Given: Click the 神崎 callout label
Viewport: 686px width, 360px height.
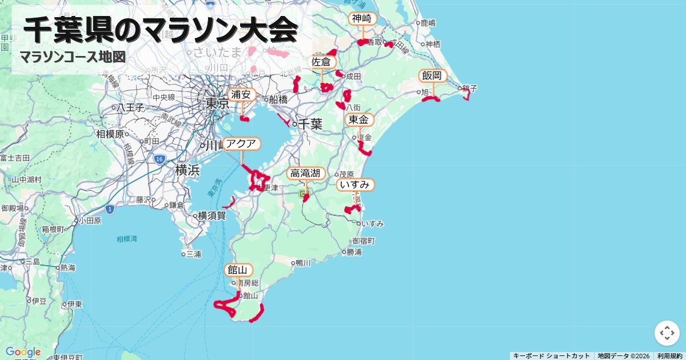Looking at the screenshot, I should click(x=362, y=19).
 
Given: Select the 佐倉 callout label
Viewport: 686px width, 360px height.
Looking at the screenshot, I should click(x=321, y=62).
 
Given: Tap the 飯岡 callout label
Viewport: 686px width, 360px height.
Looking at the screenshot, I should click(x=432, y=75).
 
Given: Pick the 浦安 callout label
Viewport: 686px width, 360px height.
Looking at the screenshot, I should click(x=241, y=94).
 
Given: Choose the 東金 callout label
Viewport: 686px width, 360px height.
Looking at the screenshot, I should click(x=360, y=119).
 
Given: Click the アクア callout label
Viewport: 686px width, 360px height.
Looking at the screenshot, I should click(x=242, y=143).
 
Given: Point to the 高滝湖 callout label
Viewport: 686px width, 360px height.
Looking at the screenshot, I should click(x=306, y=173).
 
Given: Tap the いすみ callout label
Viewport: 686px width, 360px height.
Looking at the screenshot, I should click(x=356, y=185).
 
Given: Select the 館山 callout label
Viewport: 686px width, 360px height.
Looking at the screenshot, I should click(x=237, y=270).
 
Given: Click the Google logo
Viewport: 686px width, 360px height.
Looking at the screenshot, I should click(x=23, y=351).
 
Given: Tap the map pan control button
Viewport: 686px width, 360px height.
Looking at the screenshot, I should click(x=667, y=333).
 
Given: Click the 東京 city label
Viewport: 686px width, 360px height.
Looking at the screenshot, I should click(x=217, y=104).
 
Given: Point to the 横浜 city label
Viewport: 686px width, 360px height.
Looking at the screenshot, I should click(x=188, y=170).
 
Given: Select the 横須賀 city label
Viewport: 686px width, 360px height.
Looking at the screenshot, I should click(x=212, y=215).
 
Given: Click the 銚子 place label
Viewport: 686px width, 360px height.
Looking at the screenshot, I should click(x=470, y=88).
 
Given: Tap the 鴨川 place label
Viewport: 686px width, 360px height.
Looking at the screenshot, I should click(x=303, y=263).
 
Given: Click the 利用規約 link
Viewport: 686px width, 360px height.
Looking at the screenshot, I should click(x=669, y=356).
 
